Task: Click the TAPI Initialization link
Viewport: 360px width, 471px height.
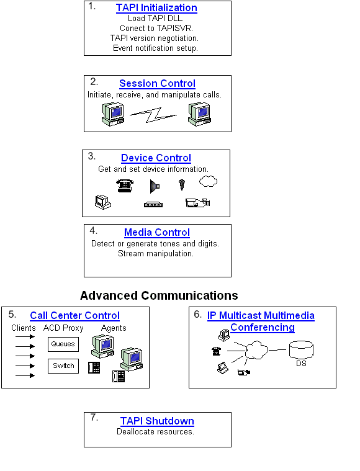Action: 156,8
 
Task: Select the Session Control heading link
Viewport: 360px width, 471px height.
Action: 157,83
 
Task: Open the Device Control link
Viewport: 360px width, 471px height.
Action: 156,158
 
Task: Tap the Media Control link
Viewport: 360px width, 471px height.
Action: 156,232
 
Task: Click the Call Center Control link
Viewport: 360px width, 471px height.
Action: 74,315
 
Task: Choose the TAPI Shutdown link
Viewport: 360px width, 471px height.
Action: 157,421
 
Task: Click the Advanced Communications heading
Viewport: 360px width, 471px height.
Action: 159,295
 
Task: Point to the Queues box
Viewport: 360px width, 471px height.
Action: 63,344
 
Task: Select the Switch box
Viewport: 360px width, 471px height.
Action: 63,366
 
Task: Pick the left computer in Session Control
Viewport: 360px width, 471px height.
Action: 113,112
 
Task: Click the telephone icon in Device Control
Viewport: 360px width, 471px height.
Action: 125,186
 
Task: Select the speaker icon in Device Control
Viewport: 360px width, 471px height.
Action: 155,186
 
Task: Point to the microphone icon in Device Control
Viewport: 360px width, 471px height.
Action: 182,184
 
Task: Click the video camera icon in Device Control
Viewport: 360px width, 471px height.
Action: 198,202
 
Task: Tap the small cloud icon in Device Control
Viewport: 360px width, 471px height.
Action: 208,182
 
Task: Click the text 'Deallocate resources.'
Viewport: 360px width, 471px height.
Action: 155,432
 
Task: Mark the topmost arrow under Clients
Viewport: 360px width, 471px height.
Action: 25,337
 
